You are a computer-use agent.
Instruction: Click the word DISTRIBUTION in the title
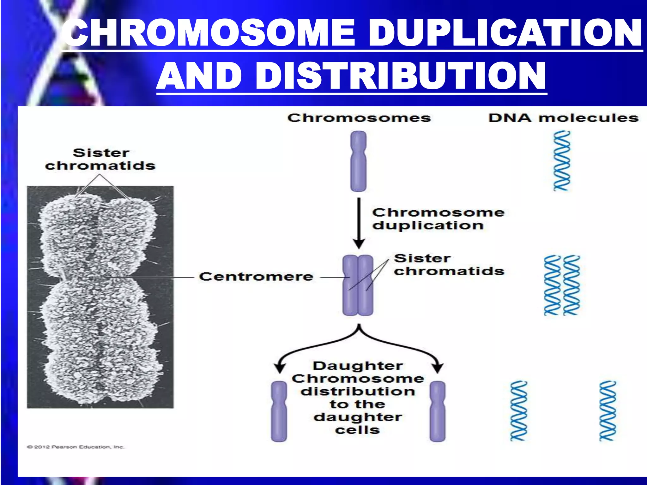400,76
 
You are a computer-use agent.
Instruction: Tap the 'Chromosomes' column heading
359,118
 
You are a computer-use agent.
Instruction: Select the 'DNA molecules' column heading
563,118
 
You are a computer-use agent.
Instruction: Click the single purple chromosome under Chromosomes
358,161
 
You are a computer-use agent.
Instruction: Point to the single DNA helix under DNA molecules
562,161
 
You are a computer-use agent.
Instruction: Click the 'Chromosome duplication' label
438,219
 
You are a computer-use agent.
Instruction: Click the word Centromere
256,277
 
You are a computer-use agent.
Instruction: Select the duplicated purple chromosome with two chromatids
358,285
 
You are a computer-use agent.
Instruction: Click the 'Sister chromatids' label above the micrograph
100,159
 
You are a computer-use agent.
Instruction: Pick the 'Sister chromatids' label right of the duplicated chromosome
449,265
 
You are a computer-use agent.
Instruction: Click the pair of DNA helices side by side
562,285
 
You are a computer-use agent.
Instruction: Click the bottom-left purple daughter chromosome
279,411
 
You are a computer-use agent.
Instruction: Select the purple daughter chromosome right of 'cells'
438,411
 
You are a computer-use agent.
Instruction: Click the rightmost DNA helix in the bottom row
608,411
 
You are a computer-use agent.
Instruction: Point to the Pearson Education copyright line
76,447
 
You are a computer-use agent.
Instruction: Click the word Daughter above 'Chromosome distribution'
358,366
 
